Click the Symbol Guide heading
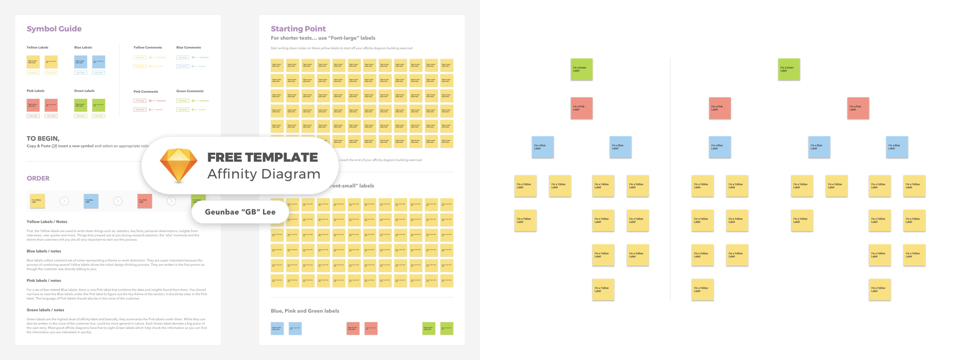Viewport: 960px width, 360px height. point(54,29)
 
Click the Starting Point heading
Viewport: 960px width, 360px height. point(298,29)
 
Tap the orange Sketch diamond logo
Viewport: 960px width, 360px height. point(179,165)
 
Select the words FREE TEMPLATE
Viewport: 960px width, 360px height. point(262,157)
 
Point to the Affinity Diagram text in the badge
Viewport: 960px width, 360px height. point(264,174)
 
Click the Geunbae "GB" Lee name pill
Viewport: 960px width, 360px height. point(240,212)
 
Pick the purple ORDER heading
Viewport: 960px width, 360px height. point(38,178)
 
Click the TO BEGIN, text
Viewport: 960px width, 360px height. point(43,138)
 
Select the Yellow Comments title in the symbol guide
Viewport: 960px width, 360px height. point(147,48)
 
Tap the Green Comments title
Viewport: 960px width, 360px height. point(190,91)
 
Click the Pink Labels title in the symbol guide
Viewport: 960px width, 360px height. point(36,91)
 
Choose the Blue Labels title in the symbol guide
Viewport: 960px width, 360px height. point(83,48)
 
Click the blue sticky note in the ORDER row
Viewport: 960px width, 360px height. point(91,201)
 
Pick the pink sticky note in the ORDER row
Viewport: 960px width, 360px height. point(144,201)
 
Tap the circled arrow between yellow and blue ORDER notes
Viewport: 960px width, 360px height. point(64,201)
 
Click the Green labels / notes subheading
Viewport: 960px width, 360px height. point(45,310)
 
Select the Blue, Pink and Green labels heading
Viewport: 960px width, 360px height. point(305,311)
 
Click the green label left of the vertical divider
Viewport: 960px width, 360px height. point(581,69)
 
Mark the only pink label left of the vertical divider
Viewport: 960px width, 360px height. point(581,108)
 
